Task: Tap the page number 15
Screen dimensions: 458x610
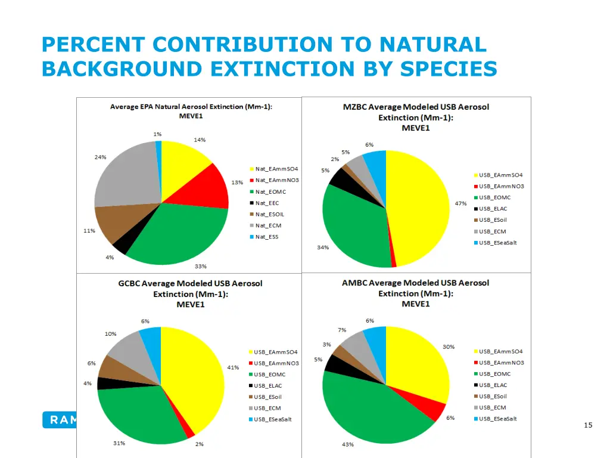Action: [x=588, y=425]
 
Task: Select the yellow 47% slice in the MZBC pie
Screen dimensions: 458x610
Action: [x=420, y=206]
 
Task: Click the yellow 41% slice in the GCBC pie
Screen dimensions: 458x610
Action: [x=194, y=376]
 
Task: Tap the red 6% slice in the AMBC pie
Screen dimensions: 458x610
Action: [x=434, y=410]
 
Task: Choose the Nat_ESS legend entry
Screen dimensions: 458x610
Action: [x=266, y=237]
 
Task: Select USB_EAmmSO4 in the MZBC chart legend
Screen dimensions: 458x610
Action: [x=500, y=175]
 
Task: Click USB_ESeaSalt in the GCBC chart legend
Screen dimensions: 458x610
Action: [x=272, y=419]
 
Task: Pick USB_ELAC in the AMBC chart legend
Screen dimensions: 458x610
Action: [x=493, y=385]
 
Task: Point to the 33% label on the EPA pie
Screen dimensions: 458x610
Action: [x=200, y=267]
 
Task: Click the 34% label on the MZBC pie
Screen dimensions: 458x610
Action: [x=323, y=247]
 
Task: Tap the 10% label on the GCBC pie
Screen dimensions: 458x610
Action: [x=111, y=334]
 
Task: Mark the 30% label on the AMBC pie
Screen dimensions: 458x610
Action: [x=448, y=346]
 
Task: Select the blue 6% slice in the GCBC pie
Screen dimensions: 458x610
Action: [x=151, y=338]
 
